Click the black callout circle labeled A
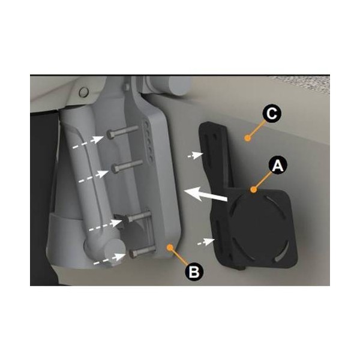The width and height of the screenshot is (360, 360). point(278,165)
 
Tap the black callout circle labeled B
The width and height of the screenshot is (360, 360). point(194,272)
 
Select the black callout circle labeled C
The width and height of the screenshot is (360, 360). point(272,113)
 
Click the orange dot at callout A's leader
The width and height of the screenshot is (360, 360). point(253,190)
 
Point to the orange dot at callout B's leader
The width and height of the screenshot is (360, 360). point(170,247)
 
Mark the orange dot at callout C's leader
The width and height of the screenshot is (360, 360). point(247,138)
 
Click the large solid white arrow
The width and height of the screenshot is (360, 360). point(205,194)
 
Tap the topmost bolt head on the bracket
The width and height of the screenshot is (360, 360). point(111,134)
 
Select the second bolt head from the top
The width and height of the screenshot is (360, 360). point(116,169)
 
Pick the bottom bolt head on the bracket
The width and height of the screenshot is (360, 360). point(133,254)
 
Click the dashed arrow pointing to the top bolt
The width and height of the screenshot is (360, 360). point(88,142)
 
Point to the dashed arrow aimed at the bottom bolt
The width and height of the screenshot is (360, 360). point(110,259)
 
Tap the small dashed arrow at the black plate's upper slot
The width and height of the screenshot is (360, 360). point(195,155)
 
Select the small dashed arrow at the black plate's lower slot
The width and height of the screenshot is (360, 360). point(206,242)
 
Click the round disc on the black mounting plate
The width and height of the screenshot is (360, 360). point(258,226)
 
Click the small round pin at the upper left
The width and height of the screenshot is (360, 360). point(83,92)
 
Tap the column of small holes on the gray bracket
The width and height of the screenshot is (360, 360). point(149,140)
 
